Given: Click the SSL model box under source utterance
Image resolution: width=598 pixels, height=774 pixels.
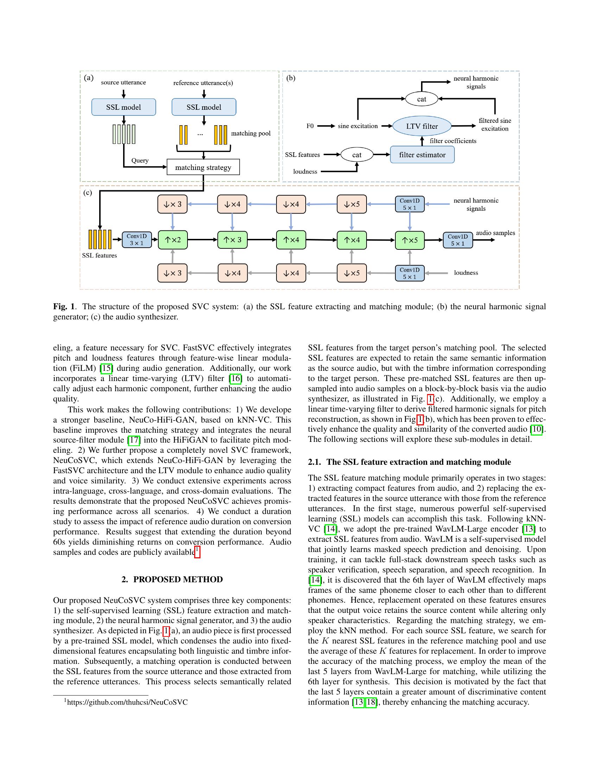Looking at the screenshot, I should coord(123,107).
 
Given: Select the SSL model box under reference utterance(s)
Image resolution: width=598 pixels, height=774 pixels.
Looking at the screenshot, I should coord(204,107).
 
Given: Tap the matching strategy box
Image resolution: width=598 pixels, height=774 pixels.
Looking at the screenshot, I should coord(203,167).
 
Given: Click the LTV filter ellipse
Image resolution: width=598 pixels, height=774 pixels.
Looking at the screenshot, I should coord(421,126).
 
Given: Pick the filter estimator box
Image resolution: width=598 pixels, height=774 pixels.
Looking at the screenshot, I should coord(422,155).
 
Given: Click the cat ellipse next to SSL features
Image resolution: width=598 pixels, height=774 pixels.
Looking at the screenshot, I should coord(357,155).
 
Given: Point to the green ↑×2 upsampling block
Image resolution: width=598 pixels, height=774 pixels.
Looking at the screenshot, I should coord(172,240).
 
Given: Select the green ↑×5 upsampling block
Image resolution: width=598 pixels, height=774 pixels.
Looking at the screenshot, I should coord(409,240).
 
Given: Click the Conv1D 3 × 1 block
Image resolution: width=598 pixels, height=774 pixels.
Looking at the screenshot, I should coord(136,240).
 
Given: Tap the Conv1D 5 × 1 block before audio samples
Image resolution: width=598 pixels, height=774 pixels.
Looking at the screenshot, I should coord(457,240).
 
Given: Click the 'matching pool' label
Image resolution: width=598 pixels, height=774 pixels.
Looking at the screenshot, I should coord(250,134).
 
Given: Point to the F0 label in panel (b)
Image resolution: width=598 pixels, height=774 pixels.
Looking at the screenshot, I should coord(310,126).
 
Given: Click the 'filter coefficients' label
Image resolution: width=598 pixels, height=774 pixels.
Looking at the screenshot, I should coord(453,141).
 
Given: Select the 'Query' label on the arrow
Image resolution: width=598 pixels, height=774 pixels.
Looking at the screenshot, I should coord(140,160).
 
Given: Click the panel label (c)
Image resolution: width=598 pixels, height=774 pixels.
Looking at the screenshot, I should coord(88,193).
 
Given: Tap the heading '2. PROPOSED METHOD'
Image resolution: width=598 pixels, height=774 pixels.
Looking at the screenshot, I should coord(172,579).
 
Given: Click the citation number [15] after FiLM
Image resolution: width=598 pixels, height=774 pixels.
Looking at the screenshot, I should coord(106,369).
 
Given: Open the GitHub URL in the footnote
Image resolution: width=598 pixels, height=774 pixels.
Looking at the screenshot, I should coord(127,703).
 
